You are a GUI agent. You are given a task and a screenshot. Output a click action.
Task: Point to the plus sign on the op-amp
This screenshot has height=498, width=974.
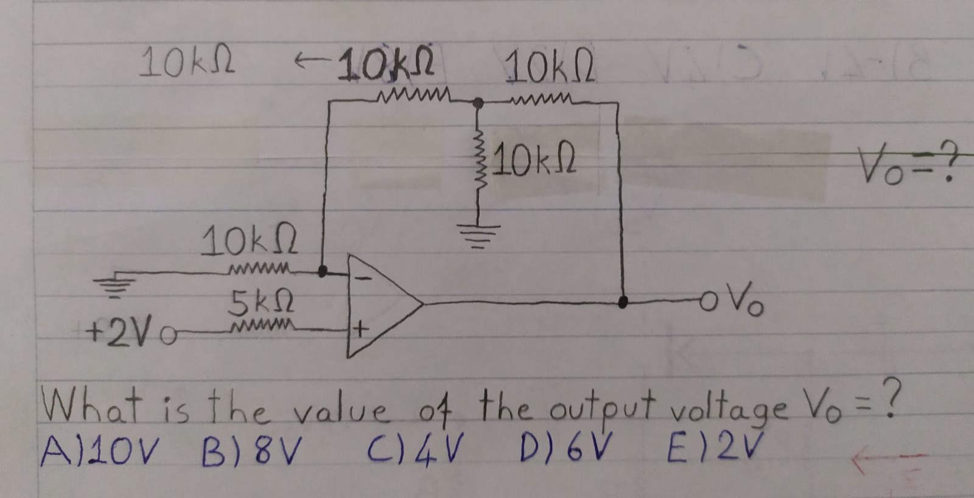tap(360, 331)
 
